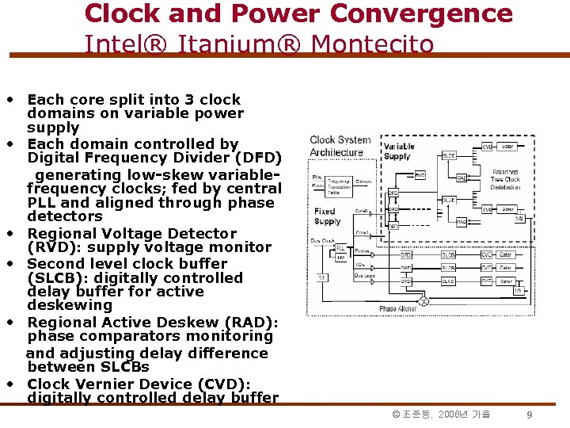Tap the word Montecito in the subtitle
tap(372, 44)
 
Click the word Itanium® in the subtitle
tap(241, 44)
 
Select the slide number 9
tap(529, 415)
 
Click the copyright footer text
tap(441, 415)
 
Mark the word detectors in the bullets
tap(65, 216)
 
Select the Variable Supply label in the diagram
tap(398, 151)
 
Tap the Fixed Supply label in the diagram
tap(326, 216)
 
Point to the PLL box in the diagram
tap(341, 248)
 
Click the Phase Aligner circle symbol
tap(423, 302)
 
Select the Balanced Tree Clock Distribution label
tap(505, 179)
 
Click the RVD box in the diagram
tap(420, 174)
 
